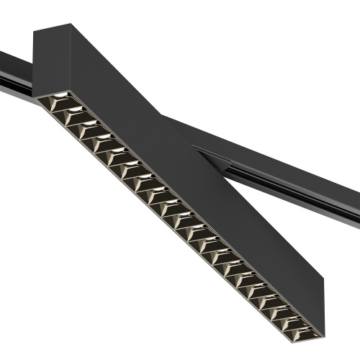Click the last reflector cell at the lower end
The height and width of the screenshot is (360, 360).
pos(305,330)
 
